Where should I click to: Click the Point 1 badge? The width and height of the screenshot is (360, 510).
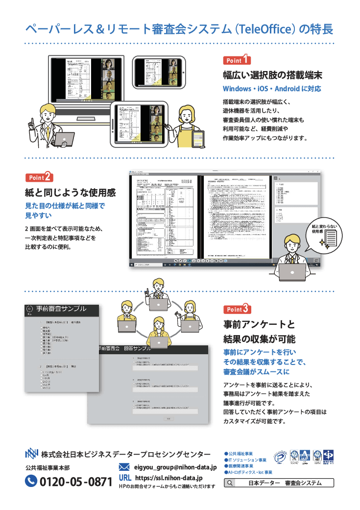(237, 60)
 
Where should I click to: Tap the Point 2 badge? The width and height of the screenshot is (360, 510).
(39, 177)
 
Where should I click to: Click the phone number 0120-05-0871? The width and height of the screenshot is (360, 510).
(75, 481)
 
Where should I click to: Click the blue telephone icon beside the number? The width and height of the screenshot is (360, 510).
(31, 481)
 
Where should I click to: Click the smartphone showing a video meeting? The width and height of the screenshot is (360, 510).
(159, 72)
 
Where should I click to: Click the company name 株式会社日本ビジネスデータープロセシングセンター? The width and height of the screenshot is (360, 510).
(125, 454)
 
